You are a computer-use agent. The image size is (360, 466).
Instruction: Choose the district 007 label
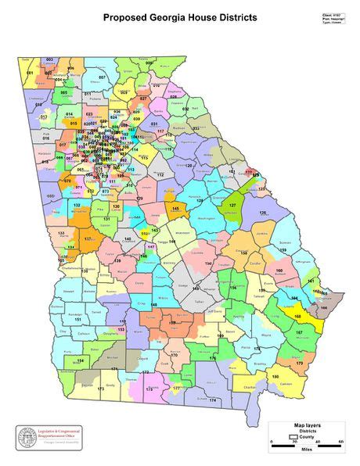coord(102,78)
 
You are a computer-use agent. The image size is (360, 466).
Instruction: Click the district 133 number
coord(61,233)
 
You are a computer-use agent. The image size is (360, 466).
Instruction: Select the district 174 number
coord(211,400)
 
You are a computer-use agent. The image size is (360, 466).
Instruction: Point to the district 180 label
coord(275,377)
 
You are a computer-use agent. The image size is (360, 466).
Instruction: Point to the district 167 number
coord(299,333)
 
